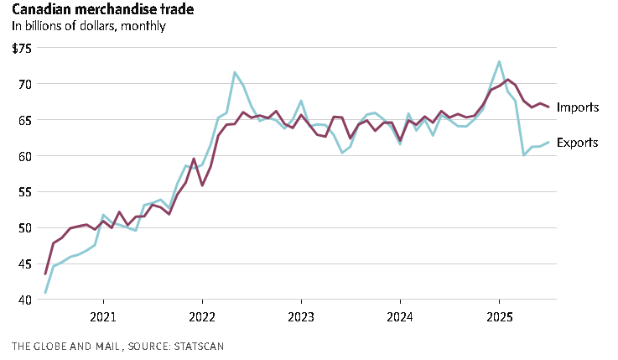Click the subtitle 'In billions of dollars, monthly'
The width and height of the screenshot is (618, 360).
pos(89,26)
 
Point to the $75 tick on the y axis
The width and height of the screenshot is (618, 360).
pos(21,48)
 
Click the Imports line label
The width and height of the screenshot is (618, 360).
pos(577,107)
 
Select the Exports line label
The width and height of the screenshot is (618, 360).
pos(577,143)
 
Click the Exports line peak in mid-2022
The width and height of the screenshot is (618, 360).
pos(235,72)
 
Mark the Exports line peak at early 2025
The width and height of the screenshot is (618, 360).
pos(500,61)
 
